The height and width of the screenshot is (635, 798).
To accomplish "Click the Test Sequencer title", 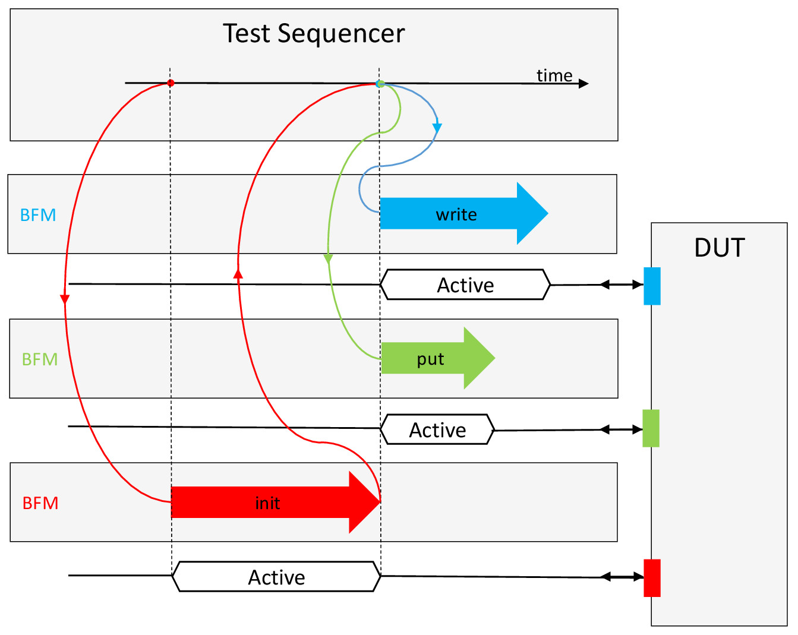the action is point(314,33).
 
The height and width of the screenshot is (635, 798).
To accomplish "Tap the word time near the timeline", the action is point(554,75).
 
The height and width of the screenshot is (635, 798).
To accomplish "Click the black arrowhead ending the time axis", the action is point(583,83).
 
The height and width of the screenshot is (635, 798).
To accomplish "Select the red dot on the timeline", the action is point(171,83).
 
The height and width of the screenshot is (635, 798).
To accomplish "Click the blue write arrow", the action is point(463,213).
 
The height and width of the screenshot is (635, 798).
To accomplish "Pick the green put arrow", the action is point(437,358).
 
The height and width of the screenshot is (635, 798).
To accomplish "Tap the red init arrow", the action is point(276,502).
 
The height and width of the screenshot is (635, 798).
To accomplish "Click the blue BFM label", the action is point(38,215).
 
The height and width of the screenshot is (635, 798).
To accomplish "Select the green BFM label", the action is point(40,359).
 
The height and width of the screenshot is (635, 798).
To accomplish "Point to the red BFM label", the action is point(40,503).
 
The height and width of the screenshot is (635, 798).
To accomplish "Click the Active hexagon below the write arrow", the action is point(465,285).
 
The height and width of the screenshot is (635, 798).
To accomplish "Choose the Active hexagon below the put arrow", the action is point(437,429).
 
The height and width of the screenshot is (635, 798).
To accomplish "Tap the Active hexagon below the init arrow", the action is point(277,577).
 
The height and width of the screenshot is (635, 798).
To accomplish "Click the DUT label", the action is point(720,247).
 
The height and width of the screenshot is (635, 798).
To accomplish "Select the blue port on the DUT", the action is point(652,286).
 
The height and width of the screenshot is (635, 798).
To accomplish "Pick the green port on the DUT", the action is point(651,428).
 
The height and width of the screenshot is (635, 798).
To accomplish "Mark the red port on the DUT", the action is point(652,578).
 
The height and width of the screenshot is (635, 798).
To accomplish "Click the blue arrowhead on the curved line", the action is point(437,128).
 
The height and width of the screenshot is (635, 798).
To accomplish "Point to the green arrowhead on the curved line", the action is point(328,259).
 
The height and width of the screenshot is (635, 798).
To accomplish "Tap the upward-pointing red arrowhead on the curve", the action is point(238,274).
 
